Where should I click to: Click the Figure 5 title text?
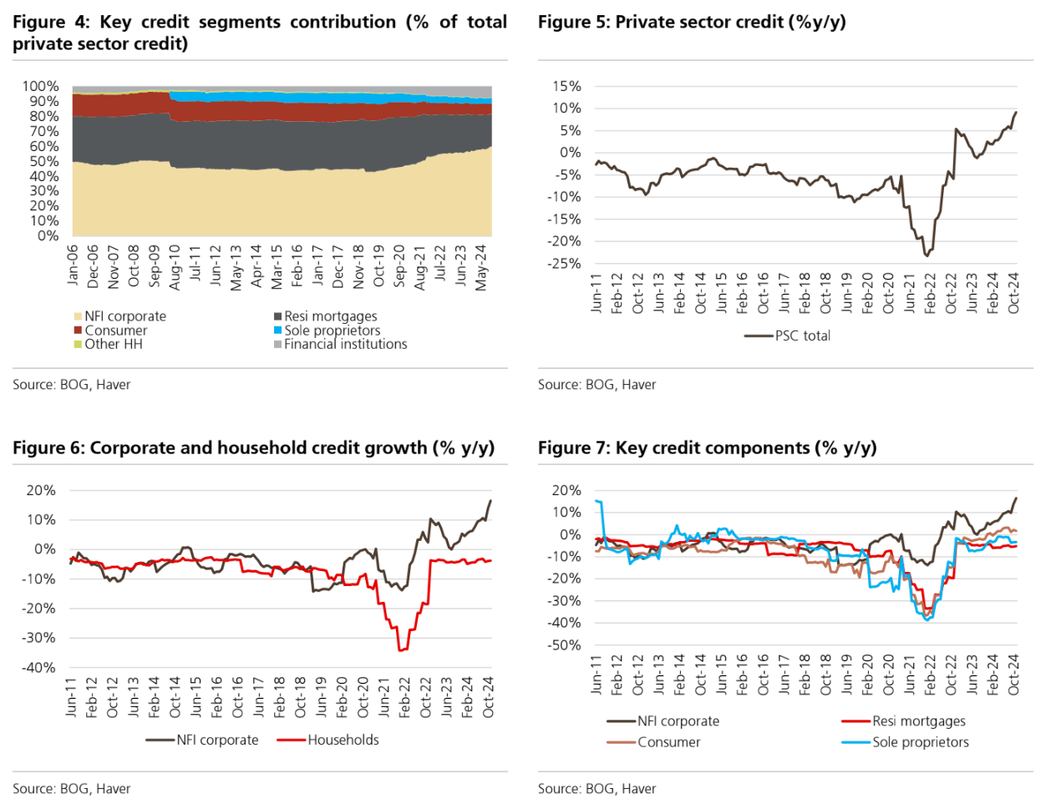pyautogui.click(x=692, y=23)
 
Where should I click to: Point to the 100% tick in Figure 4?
pyautogui.click(x=40, y=86)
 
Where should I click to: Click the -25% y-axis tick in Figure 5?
pyautogui.click(x=565, y=263)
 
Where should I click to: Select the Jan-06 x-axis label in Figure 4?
pyautogui.click(x=73, y=265)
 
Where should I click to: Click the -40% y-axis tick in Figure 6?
pyautogui.click(x=39, y=667)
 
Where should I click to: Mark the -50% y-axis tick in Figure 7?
pyautogui.click(x=565, y=645)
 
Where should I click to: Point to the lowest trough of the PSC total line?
pyautogui.click(x=927, y=255)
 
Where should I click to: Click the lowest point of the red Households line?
pyautogui.click(x=401, y=650)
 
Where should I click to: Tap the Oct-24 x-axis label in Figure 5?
pyautogui.click(x=1013, y=292)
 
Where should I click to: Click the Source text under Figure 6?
pyautogui.click(x=71, y=788)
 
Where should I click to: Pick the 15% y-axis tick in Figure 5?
pyautogui.click(x=566, y=86)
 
